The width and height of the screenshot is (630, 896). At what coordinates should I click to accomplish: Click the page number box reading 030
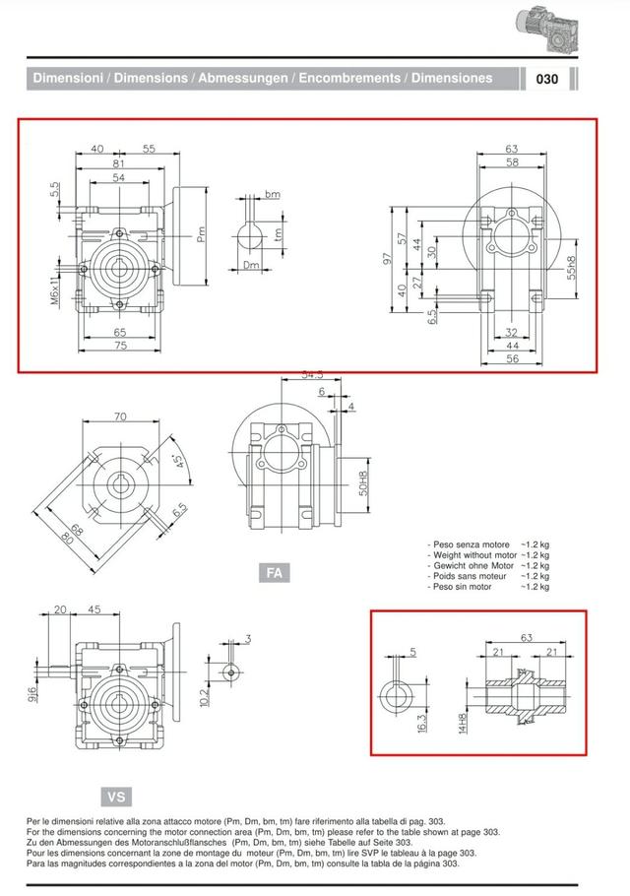[x=546, y=79]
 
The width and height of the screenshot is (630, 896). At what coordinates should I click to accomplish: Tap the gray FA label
[x=275, y=573]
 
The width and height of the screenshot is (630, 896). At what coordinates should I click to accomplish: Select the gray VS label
[x=116, y=797]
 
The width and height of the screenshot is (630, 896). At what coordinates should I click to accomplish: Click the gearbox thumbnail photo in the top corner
[x=545, y=31]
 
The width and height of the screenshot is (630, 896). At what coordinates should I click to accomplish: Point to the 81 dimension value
[x=118, y=163]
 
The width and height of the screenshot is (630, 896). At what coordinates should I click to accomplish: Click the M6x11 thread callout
[x=55, y=289]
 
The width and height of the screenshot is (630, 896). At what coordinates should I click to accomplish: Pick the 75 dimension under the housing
[x=120, y=346]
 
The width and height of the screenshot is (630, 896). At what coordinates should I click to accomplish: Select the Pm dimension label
[x=201, y=235]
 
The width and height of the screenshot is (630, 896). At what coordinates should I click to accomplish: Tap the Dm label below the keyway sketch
[x=251, y=265]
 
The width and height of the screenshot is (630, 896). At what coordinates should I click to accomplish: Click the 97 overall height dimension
[x=388, y=259]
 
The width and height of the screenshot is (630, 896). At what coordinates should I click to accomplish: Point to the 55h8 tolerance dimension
[x=571, y=268]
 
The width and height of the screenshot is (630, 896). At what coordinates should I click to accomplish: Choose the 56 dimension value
[x=512, y=358]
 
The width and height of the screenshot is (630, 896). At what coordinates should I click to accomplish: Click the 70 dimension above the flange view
[x=120, y=416]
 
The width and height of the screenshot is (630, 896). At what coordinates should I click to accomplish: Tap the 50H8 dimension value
[x=362, y=483]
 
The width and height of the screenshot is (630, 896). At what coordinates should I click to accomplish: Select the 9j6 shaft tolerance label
[x=32, y=694]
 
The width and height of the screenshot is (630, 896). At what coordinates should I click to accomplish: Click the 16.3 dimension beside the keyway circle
[x=422, y=723]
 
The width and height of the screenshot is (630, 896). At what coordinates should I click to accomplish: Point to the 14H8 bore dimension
[x=463, y=723]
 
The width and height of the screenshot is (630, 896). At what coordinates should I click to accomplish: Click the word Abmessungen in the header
[x=243, y=78]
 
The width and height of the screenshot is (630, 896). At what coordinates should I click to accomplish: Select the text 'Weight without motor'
[x=474, y=555]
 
